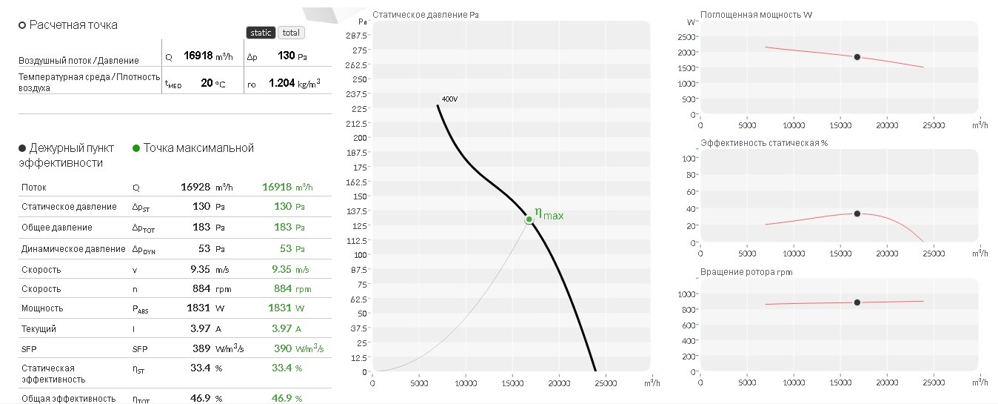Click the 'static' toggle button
(261, 33)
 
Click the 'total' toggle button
(291, 33)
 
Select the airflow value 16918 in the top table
(198, 56)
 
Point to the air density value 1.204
(281, 83)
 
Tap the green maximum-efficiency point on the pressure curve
(529, 219)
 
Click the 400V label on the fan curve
(449, 99)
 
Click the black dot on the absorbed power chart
(857, 57)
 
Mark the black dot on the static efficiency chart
(857, 213)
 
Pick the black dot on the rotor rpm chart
(857, 302)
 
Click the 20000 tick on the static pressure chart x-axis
(559, 383)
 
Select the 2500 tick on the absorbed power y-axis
(686, 37)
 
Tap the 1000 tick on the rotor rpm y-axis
(686, 294)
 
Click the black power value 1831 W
(205, 308)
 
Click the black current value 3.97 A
(206, 328)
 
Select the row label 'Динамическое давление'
(73, 249)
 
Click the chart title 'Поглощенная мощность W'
(756, 15)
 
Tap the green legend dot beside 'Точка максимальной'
(136, 148)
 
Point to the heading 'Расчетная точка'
(73, 25)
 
